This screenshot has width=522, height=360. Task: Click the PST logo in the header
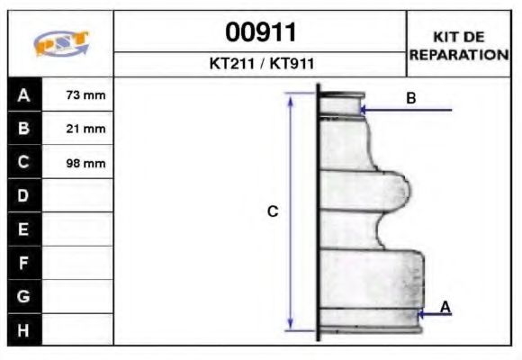pos(61,44)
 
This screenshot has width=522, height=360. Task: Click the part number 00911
pos(260,32)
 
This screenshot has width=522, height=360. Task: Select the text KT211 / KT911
pos(260,65)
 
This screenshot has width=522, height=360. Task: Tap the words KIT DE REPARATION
pos(459,45)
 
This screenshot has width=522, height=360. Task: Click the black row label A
pos(24,94)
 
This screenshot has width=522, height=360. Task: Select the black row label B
pos(24,129)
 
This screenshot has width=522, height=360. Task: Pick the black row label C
pos(24,163)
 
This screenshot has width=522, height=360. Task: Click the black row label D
pos(24,196)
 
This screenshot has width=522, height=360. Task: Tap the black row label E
pos(24,229)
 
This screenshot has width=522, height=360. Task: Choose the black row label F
pos(24,263)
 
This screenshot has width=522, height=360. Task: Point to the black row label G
pos(24,296)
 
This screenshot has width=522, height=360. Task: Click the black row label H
pos(24,329)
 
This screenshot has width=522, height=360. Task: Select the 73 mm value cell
pos(78,94)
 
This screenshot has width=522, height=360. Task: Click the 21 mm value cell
pos(78,129)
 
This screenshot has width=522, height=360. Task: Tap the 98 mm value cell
pos(78,163)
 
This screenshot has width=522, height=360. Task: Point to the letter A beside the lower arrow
pos(445,307)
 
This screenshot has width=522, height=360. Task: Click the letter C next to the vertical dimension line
pos(273,211)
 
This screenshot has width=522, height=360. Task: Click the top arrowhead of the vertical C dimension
pos(291,98)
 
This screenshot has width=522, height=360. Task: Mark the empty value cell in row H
pos(78,329)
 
